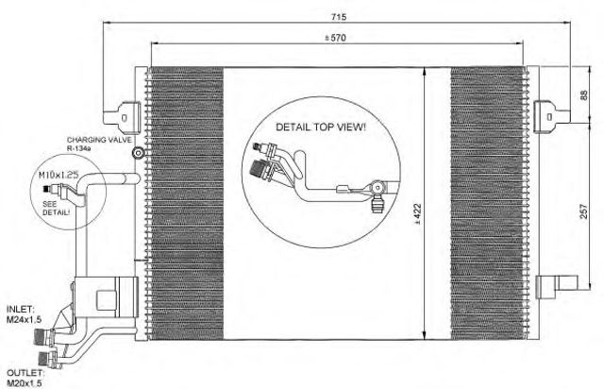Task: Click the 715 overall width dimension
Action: (x=340, y=17)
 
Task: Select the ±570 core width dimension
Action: (x=335, y=38)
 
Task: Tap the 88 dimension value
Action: (x=583, y=95)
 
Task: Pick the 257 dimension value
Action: (x=584, y=211)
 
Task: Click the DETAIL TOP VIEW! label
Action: (x=321, y=127)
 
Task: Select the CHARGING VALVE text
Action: (x=99, y=140)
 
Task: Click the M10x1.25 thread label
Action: (x=59, y=175)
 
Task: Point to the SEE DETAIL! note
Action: (x=57, y=208)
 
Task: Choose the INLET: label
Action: (x=21, y=309)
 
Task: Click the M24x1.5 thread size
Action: (x=24, y=319)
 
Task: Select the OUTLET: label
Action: (x=25, y=373)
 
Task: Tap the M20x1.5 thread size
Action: (x=24, y=382)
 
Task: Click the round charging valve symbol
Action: (x=138, y=154)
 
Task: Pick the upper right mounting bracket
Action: (x=551, y=115)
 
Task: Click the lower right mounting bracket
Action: (x=557, y=286)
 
